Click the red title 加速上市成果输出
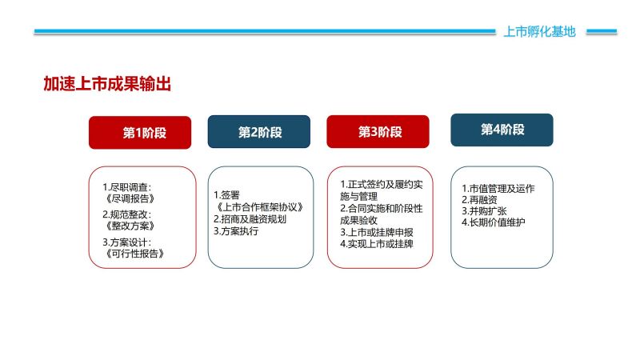point(107,84)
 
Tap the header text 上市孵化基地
point(539,31)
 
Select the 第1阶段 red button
point(140,133)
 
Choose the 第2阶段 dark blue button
point(258,132)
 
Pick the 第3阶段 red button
point(378,132)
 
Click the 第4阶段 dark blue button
point(502,130)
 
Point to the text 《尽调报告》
point(130,198)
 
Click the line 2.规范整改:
point(126,214)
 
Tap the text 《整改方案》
point(130,226)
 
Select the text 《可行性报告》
point(134,254)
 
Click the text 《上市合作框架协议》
point(259,207)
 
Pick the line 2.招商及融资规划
point(250,219)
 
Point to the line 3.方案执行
point(236,231)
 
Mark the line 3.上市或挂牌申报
point(377,232)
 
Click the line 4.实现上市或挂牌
point(377,244)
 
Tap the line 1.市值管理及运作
point(498,189)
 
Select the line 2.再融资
point(479,200)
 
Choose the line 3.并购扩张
point(484,211)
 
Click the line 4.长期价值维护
point(494,222)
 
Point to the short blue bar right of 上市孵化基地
point(602,31)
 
